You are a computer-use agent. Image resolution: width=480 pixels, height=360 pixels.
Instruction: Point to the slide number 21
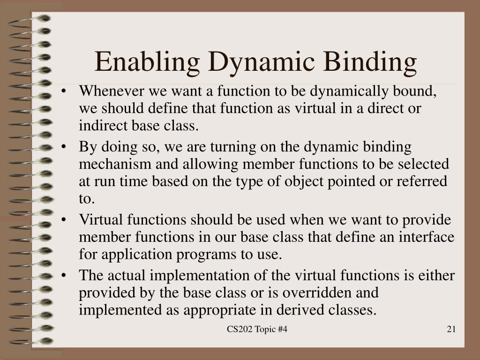tap(451, 330)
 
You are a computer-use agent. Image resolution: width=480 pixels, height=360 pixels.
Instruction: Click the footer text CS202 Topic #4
tap(257, 330)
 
